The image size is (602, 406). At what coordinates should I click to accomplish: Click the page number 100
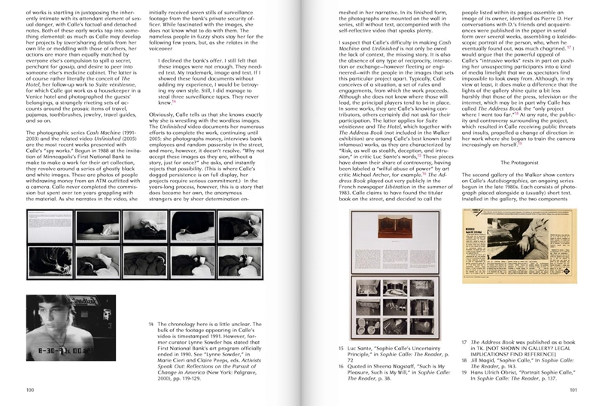[x=29, y=389]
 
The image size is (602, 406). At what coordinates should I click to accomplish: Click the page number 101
[x=573, y=389]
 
